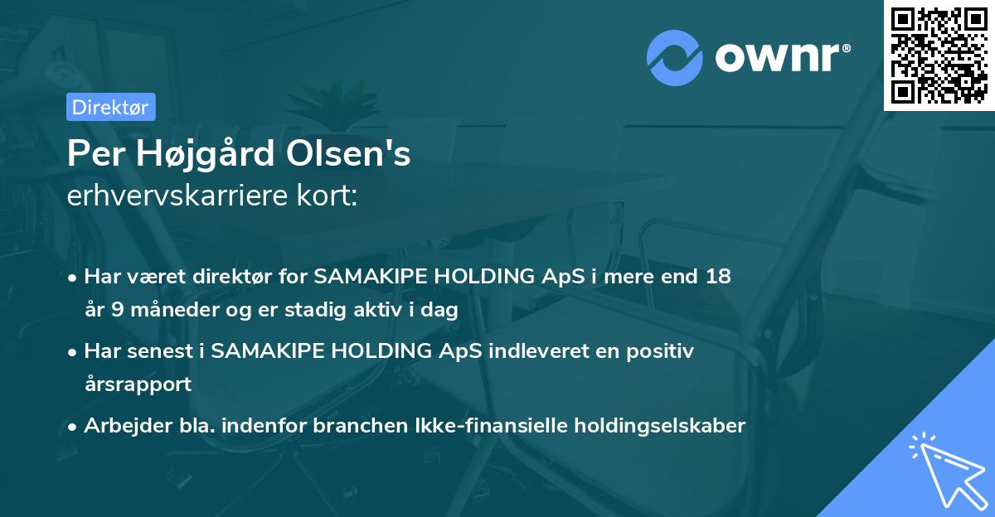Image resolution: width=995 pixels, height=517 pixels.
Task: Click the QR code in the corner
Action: coord(939,55)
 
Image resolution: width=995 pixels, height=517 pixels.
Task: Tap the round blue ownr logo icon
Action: coord(675,58)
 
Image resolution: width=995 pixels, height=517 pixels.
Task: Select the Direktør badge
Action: coord(109,107)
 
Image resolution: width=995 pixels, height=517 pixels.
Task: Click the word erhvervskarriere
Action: coord(180,196)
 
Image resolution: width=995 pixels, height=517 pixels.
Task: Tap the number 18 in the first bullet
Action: coord(718,276)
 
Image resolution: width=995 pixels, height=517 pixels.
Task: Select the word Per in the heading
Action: coord(93,155)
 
